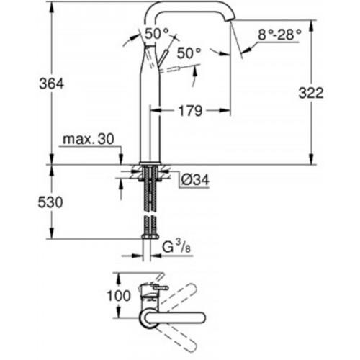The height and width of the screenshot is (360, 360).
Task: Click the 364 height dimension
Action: pos(52,84)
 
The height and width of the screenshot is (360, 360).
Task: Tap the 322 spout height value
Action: pos(311,93)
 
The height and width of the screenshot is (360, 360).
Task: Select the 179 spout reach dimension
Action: pos(190,111)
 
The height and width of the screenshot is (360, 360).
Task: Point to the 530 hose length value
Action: pos(50,202)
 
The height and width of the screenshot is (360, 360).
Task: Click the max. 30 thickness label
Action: pos(89,139)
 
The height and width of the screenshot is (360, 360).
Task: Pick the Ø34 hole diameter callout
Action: pos(195,179)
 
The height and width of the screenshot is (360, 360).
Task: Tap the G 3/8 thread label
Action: pos(176,247)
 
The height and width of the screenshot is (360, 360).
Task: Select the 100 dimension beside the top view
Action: pos(119,295)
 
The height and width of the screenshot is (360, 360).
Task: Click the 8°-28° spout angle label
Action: pos(279,35)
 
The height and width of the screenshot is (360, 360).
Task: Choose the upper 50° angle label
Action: pos(157,33)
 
